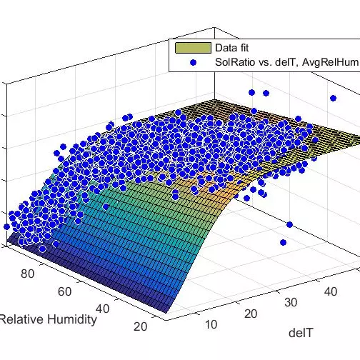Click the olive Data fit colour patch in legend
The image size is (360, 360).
[192, 49]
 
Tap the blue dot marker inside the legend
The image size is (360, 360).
[192, 62]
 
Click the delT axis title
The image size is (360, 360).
[300, 332]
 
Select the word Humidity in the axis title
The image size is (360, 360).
[71, 319]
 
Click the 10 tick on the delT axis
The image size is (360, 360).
[211, 325]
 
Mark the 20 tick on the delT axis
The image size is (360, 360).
[250, 314]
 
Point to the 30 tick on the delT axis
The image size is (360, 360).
[289, 302]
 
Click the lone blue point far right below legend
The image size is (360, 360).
[333, 98]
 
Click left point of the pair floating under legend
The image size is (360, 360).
[251, 92]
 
